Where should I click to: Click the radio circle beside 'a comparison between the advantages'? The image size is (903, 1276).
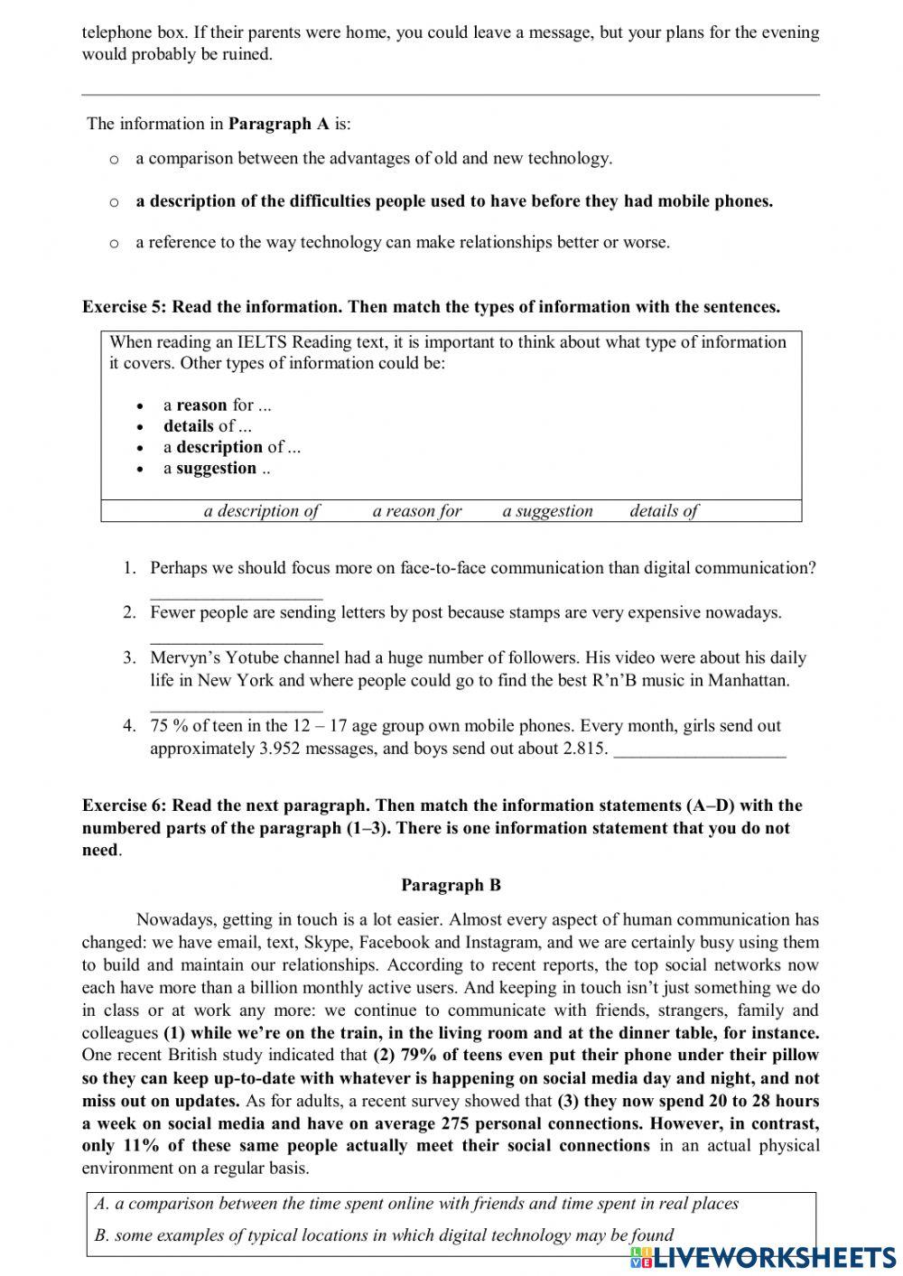pyautogui.click(x=114, y=160)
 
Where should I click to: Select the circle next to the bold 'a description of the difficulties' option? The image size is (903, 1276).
pyautogui.click(x=114, y=202)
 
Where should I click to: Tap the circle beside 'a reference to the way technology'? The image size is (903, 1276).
pyautogui.click(x=114, y=244)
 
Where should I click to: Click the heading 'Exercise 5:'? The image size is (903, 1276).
pyautogui.click(x=125, y=307)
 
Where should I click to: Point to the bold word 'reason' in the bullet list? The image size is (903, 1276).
pyautogui.click(x=201, y=405)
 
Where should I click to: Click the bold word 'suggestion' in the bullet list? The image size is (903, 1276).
pyautogui.click(x=216, y=469)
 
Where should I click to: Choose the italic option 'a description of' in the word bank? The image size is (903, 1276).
pyautogui.click(x=261, y=511)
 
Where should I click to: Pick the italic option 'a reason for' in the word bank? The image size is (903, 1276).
pyautogui.click(x=416, y=511)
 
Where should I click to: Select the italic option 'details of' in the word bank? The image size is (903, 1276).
pyautogui.click(x=664, y=511)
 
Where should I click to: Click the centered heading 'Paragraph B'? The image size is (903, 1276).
pyautogui.click(x=451, y=886)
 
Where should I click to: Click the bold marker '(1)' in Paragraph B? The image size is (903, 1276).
pyautogui.click(x=174, y=1033)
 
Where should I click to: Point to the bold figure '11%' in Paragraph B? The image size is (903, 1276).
pyautogui.click(x=136, y=1146)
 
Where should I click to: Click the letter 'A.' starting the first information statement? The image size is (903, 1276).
pyautogui.click(x=102, y=1204)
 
